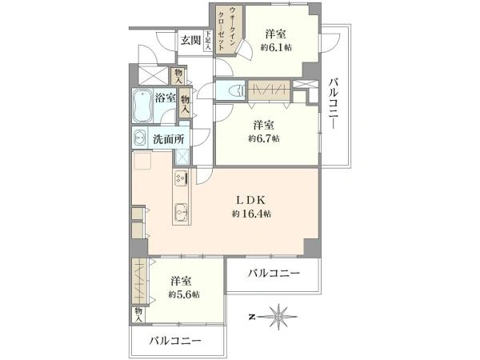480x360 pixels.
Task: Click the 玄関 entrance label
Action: [x=190, y=41]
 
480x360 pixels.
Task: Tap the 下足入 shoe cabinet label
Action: [x=208, y=40]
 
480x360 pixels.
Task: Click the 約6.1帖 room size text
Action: [x=276, y=48]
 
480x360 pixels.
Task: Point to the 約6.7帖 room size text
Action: [x=263, y=138]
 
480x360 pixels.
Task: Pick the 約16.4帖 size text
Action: [x=251, y=214]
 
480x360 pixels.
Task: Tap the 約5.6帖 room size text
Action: [x=184, y=294]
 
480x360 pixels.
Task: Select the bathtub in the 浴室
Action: [x=142, y=106]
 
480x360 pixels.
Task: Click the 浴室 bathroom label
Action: [x=166, y=98]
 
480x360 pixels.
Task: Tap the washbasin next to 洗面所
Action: [x=139, y=138]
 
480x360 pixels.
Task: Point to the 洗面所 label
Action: [x=169, y=139]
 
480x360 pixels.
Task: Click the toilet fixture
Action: [x=236, y=90]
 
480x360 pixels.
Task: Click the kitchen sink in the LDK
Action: [x=181, y=211]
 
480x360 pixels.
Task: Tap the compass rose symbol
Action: [x=278, y=317]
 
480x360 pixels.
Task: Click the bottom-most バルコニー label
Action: [x=175, y=341]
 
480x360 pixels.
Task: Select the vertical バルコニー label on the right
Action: [x=334, y=104]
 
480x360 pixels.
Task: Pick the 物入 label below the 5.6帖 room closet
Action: [x=138, y=314]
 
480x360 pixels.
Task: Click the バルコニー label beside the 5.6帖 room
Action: [x=274, y=273]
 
